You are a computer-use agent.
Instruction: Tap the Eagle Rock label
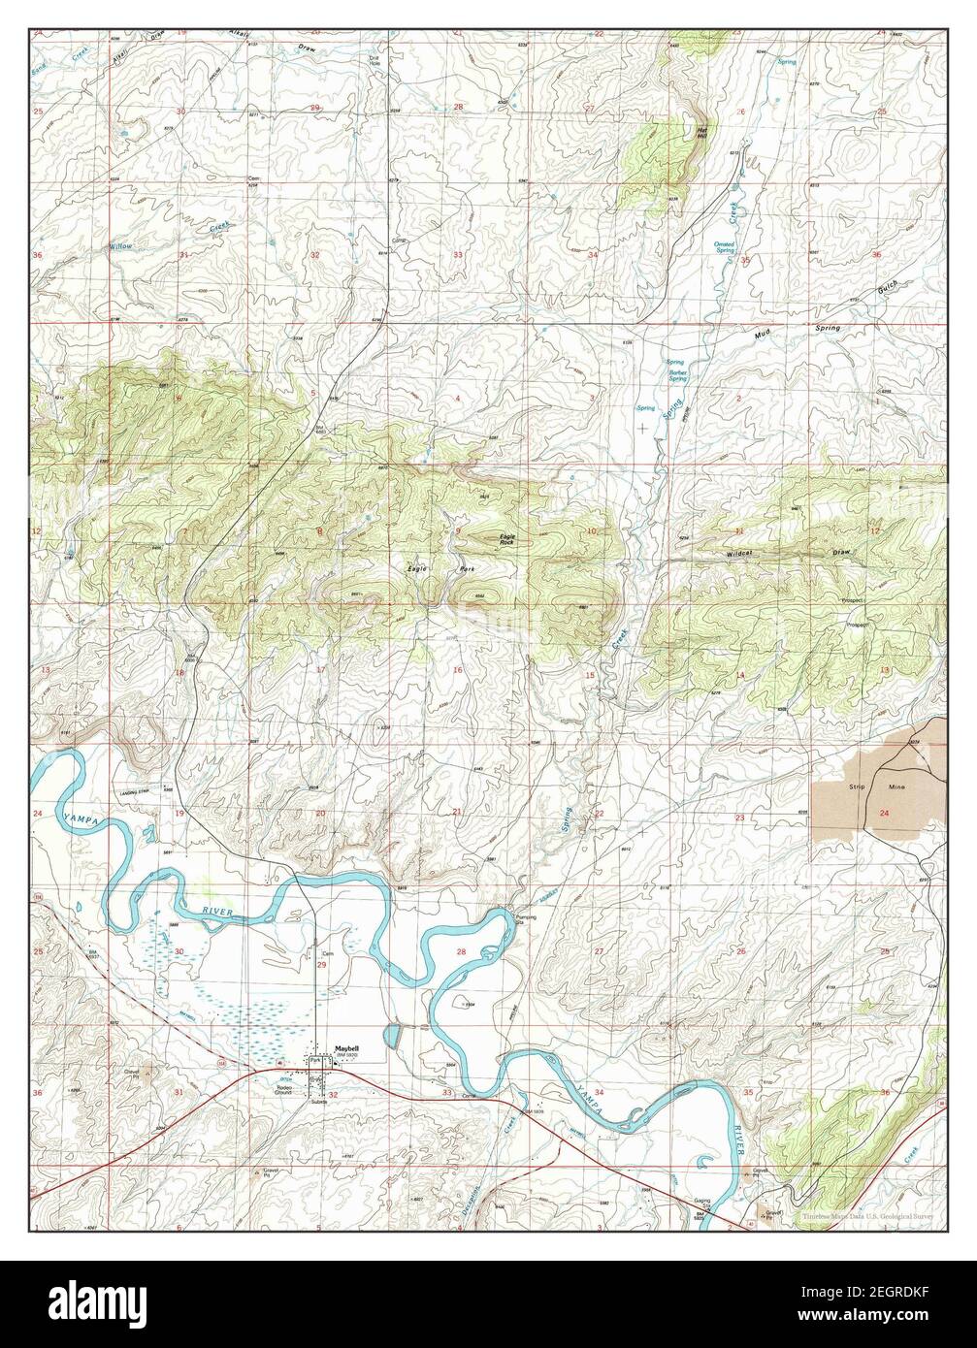pos(505,538)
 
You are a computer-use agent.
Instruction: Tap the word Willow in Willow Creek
pos(120,247)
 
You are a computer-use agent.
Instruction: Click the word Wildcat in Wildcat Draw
pos(739,555)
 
